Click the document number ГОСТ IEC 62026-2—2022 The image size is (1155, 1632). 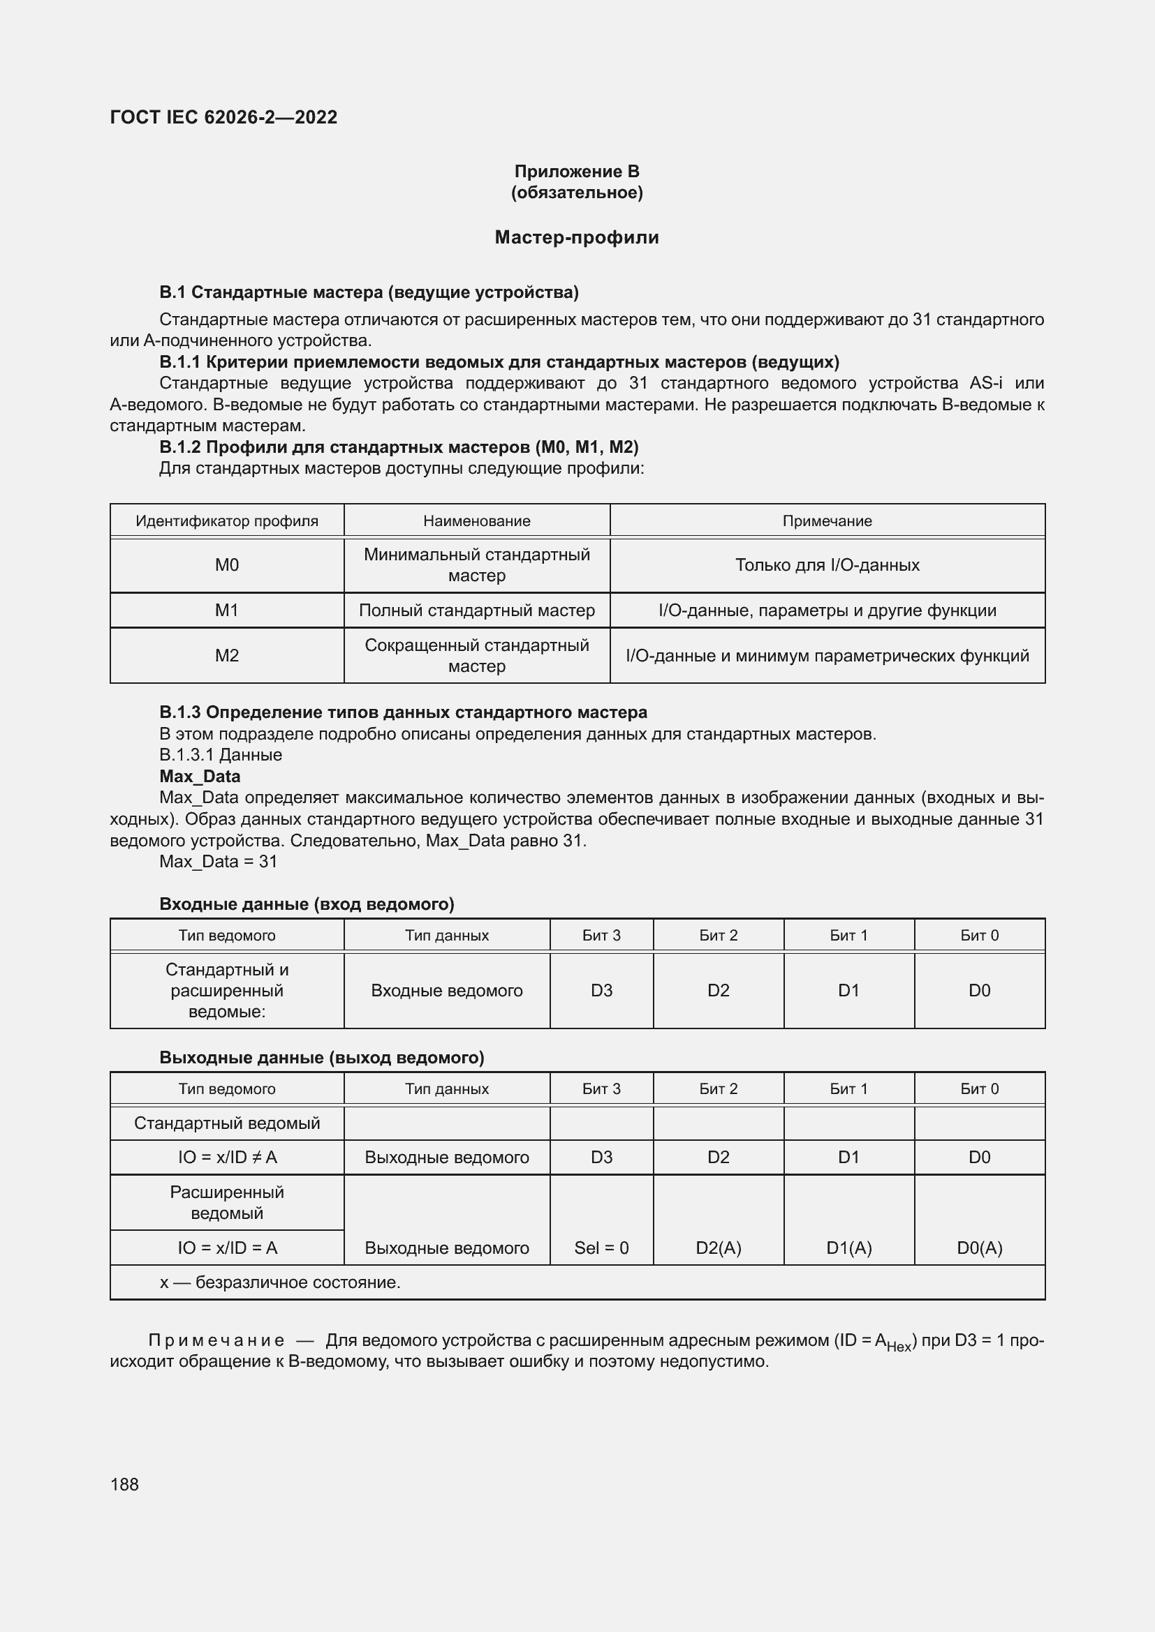click(223, 117)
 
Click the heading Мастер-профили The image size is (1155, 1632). click(576, 237)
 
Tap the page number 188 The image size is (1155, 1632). click(124, 1484)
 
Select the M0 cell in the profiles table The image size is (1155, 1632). click(227, 565)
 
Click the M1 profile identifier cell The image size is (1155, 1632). click(227, 610)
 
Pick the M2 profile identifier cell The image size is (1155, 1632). click(227, 655)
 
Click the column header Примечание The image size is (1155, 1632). click(826, 521)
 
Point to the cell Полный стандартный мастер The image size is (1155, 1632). click(476, 610)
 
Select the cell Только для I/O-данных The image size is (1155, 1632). click(826, 565)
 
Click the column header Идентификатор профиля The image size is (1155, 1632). click(227, 521)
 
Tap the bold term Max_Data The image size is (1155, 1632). click(200, 776)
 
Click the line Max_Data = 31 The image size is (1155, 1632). click(218, 862)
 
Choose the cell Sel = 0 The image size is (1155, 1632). click(601, 1248)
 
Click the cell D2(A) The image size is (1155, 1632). click(719, 1248)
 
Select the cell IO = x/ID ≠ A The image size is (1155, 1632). click(227, 1157)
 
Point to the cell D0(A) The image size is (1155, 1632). click(979, 1248)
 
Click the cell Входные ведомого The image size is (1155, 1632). click(447, 990)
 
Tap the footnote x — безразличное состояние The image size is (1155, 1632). click(280, 1282)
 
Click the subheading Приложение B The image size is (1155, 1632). click(576, 172)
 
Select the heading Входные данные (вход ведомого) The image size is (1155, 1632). click(307, 904)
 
